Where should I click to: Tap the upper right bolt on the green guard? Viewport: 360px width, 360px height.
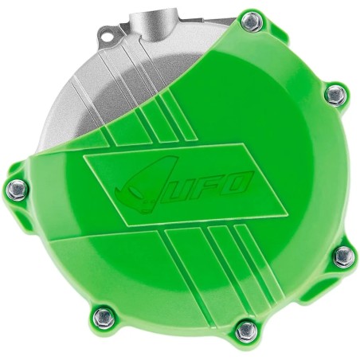coord(337,94)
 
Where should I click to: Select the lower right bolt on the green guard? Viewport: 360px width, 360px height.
coord(343,256)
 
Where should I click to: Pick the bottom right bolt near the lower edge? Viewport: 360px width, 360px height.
coord(245,328)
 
